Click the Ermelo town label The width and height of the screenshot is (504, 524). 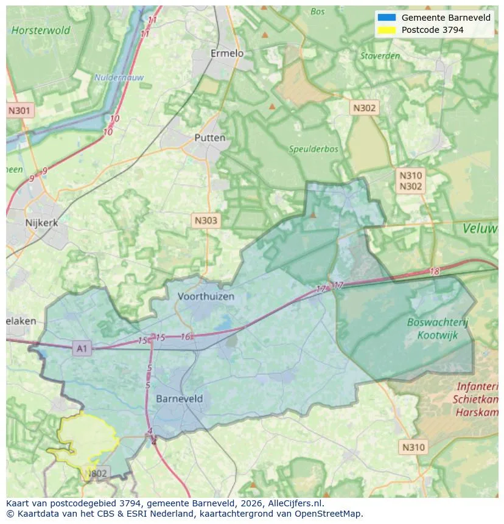pos(226,54)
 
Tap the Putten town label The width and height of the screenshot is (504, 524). pos(209,138)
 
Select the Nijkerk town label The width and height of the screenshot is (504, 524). pos(41,223)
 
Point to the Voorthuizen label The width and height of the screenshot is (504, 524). pos(206,296)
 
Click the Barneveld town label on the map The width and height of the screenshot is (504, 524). pos(179,399)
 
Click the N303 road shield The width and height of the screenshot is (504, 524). pos(205,221)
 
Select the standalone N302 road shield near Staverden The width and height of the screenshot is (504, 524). pos(364,108)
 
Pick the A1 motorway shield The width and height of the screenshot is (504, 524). pos(82,349)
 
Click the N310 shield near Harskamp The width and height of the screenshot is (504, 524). pos(414,447)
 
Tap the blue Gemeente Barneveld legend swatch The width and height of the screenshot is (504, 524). pos(387,18)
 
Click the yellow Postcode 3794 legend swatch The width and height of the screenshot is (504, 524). pos(387,30)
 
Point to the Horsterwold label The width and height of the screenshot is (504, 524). pos(41,30)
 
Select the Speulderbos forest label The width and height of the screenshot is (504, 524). pos(313,148)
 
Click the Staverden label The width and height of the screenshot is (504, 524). pos(380,56)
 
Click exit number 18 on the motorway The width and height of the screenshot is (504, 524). pos(434,271)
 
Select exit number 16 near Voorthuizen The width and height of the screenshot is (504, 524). pos(186,337)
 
